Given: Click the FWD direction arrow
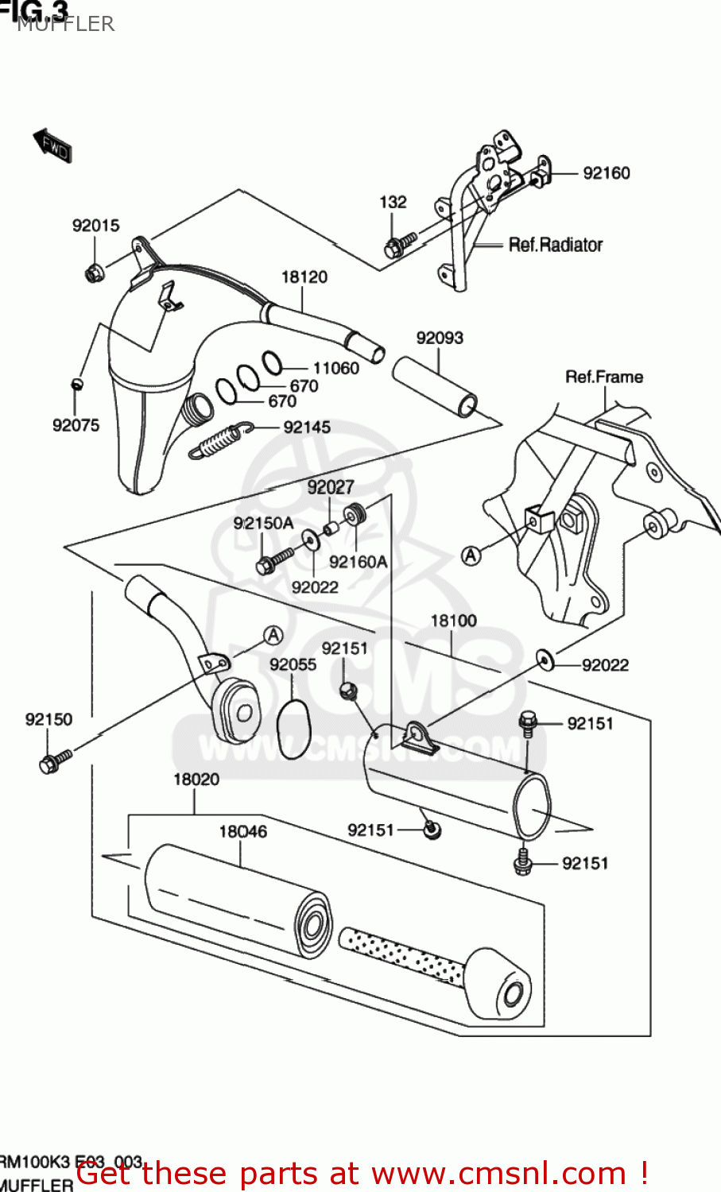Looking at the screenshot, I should coord(52,145).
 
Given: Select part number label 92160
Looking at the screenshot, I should coord(606,173).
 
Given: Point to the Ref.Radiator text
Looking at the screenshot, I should coord(555,245).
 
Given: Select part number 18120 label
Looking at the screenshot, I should coord(304,277).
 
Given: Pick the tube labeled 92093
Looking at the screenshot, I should coord(434,386).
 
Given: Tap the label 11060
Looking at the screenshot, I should coord(335,368).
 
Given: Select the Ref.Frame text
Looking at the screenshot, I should coord(604,377).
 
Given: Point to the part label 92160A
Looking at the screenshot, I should coord(358,562).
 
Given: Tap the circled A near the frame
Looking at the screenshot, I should coord(471,555).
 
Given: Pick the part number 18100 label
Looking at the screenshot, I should coord(453,621).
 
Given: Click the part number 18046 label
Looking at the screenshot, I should coord(242,831).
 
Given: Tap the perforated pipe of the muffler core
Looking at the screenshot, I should coord(401,955).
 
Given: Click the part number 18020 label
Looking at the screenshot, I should coord(196,779).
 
